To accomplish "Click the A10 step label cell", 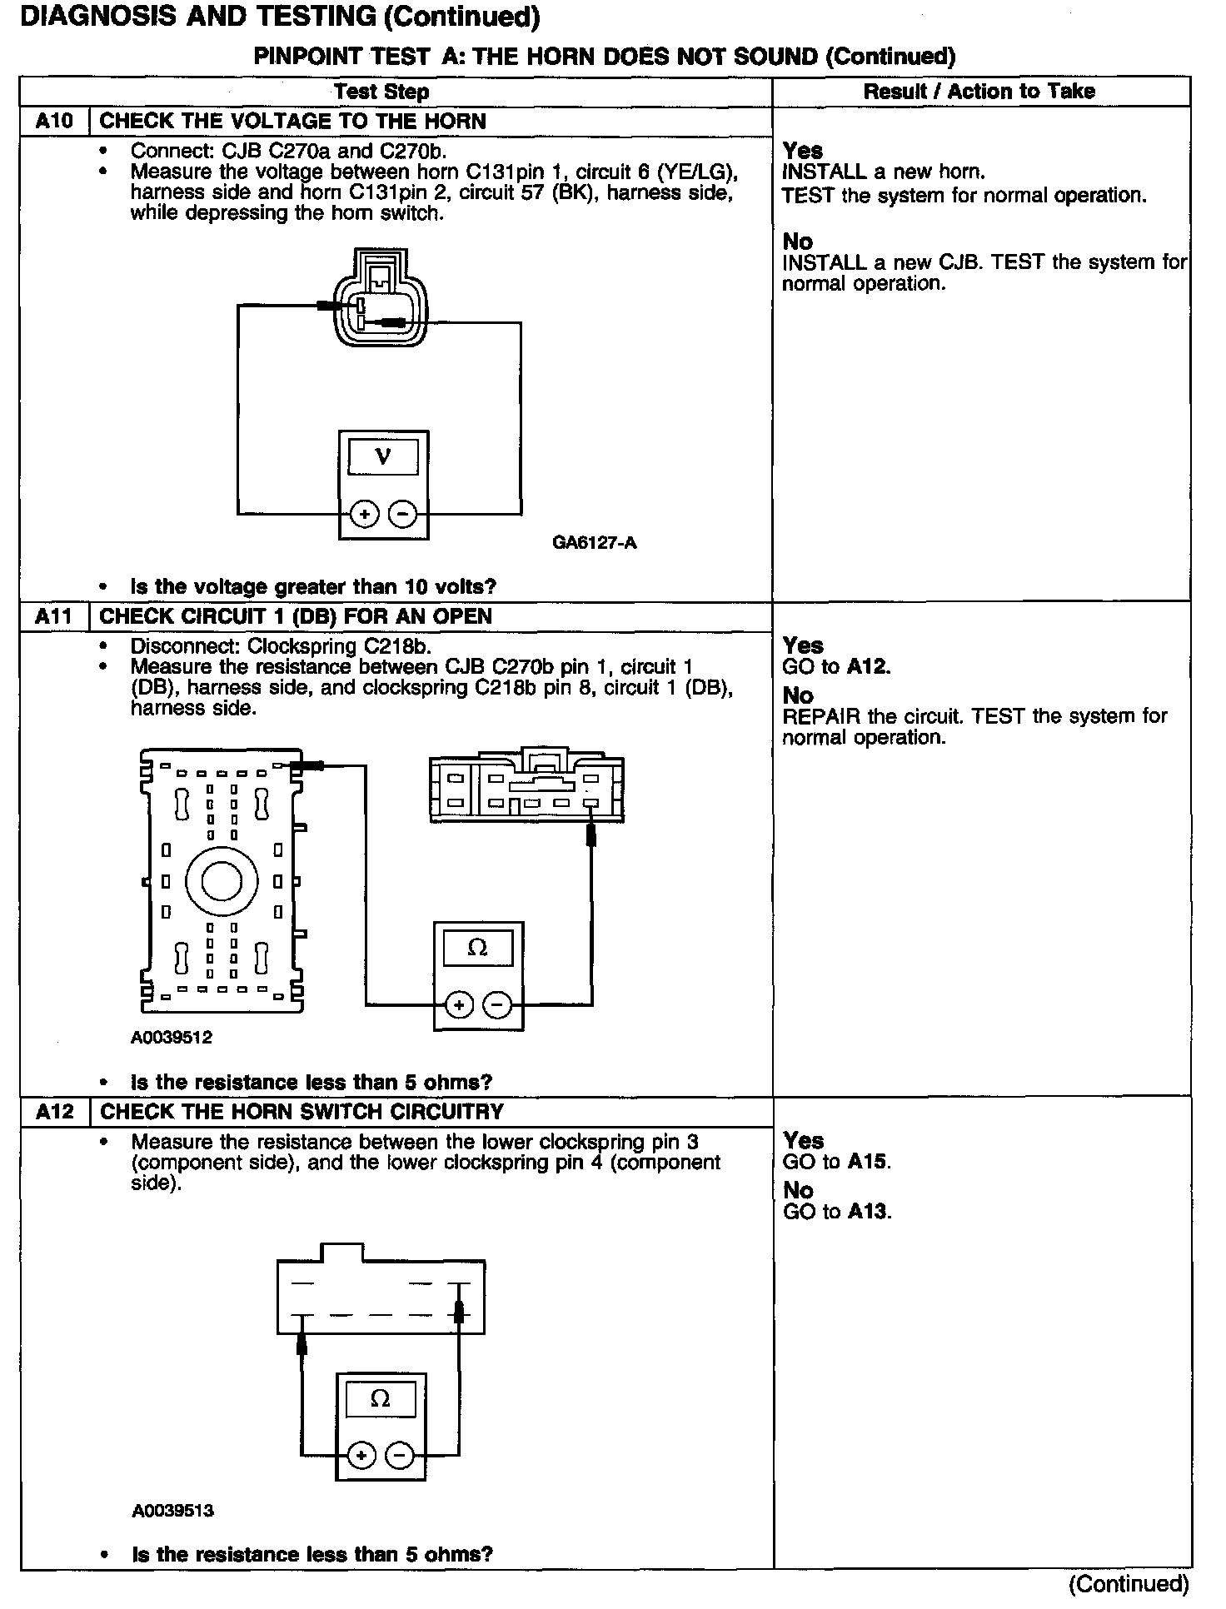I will pos(55,122).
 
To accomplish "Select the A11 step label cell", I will pos(55,617).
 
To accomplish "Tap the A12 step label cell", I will pos(55,1113).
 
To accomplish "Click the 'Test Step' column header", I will pos(381,92).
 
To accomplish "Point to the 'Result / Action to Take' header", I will pos(979,92).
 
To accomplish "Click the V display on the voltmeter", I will pos(383,456).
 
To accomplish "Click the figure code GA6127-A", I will pos(595,544).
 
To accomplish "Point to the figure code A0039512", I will pos(172,1038).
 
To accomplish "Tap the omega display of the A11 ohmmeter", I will pos(478,948).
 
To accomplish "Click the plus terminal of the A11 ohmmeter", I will pos(459,1006).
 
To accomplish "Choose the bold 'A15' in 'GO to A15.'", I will pos(868,1163).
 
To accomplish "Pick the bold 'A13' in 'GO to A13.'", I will pos(868,1212).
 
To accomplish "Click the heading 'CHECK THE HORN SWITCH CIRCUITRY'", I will pos(302,1113).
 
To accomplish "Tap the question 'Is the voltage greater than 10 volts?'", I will pos(313,587).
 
